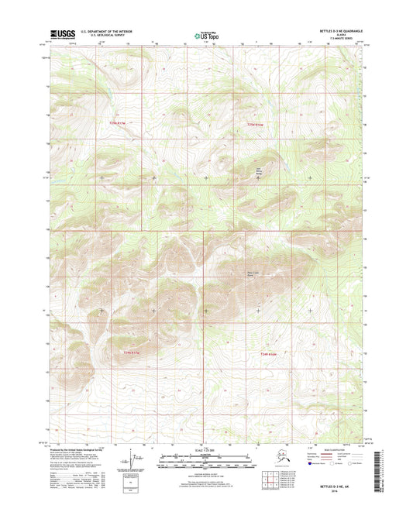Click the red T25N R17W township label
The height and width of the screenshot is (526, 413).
click(x=116, y=123)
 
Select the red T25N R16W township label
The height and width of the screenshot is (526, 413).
click(x=256, y=124)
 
